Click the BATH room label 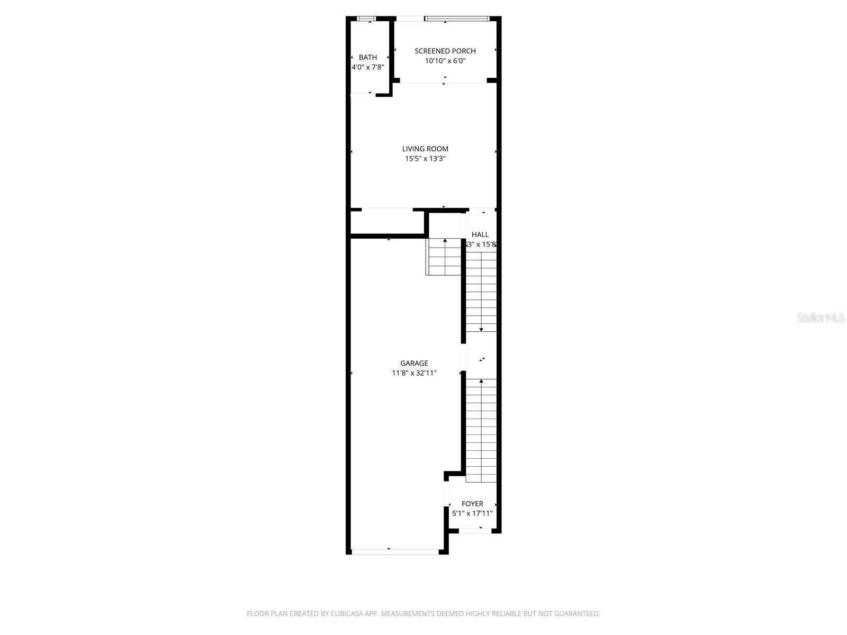click(x=368, y=57)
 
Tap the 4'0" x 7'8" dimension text click(x=367, y=67)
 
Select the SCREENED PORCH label click(x=445, y=51)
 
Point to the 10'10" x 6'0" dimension click(x=445, y=61)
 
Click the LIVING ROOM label click(x=425, y=149)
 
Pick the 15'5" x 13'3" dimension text click(x=425, y=159)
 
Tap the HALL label click(x=480, y=234)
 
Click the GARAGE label click(x=414, y=363)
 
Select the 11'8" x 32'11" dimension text click(x=414, y=373)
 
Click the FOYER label click(x=472, y=504)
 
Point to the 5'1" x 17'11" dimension click(x=472, y=513)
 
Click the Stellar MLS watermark click(x=821, y=318)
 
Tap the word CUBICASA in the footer click(x=347, y=614)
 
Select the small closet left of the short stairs click(x=388, y=223)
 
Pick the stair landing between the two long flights click(x=481, y=356)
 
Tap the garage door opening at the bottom click(x=395, y=551)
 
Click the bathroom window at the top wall click(x=366, y=19)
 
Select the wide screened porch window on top click(x=457, y=19)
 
